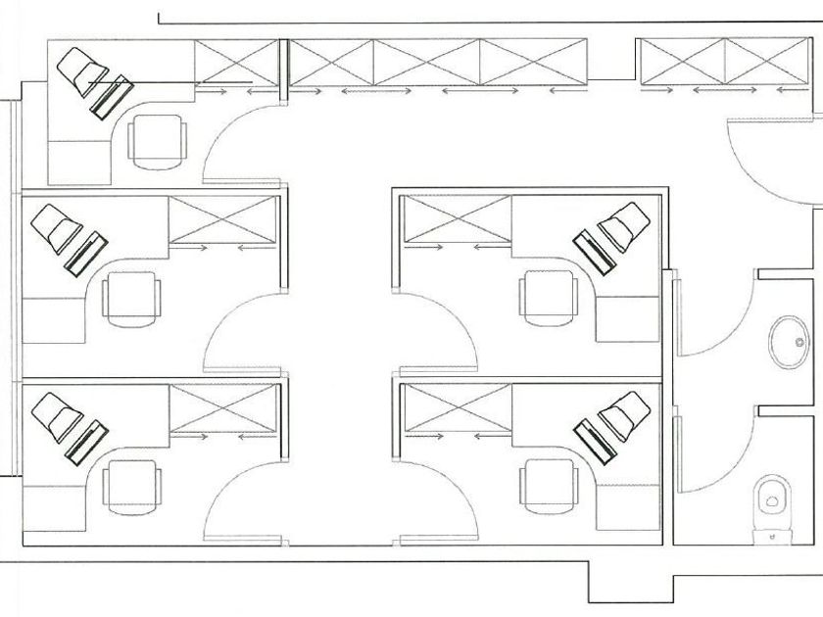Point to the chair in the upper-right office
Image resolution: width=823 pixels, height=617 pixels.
tap(549, 295)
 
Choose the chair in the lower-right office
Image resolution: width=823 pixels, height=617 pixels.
tap(549, 483)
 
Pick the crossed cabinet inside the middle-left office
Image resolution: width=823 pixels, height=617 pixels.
tap(223, 219)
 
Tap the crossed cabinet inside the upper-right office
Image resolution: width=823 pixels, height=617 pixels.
tap(458, 219)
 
